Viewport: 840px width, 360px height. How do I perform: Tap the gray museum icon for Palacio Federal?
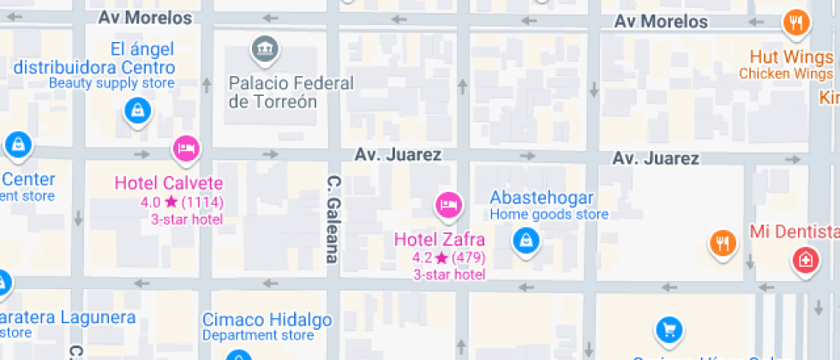(x=263, y=49)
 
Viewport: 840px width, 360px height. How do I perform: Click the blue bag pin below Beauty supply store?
(x=137, y=111)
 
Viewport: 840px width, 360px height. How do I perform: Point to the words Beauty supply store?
(x=111, y=83)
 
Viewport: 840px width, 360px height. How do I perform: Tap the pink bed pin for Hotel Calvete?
(x=186, y=149)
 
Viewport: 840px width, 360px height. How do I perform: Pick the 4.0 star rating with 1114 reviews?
(x=181, y=202)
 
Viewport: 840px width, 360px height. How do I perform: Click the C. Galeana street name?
(x=333, y=219)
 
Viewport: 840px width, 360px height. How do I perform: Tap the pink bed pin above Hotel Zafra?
(x=448, y=205)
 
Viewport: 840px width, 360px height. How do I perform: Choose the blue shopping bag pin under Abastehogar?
(x=525, y=242)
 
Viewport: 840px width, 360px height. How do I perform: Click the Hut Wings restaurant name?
(x=790, y=57)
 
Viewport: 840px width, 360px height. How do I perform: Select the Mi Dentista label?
(x=794, y=231)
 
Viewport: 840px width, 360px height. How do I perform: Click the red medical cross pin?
(x=805, y=259)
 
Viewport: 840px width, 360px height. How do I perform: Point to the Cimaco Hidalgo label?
(x=267, y=320)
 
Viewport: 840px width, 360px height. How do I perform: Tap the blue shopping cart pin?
(x=669, y=329)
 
